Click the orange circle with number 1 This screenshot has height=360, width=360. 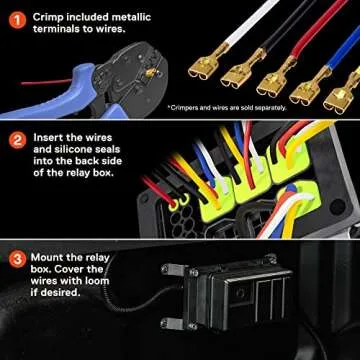[16, 17]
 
